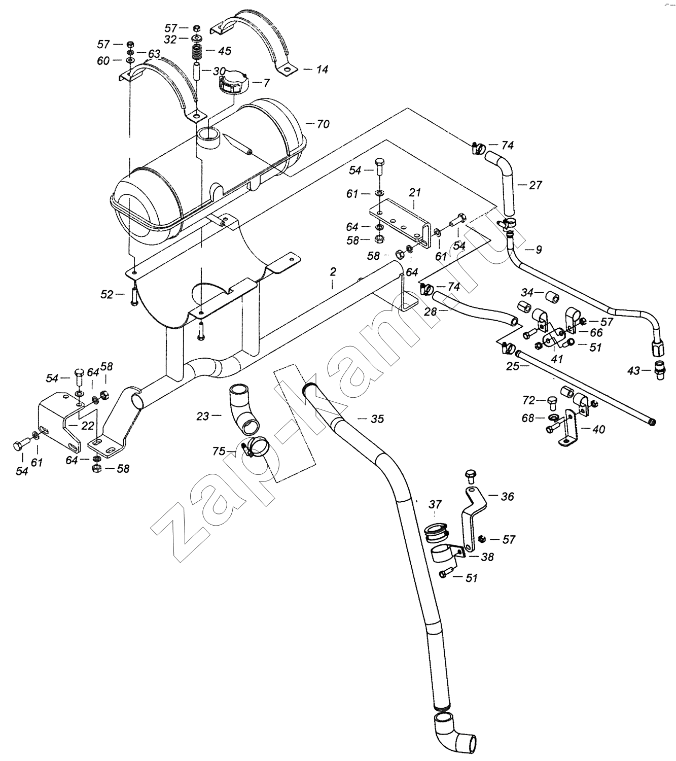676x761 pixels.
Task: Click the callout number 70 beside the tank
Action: (x=323, y=124)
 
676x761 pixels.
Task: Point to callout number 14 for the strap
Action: (x=322, y=69)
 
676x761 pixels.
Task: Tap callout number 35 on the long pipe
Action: (x=377, y=419)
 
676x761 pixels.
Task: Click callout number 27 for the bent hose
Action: (x=535, y=185)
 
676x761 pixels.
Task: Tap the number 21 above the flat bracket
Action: (x=415, y=192)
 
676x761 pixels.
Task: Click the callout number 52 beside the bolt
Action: (x=106, y=294)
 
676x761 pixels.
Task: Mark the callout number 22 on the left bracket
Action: (x=87, y=425)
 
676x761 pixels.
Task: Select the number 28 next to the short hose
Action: (x=431, y=312)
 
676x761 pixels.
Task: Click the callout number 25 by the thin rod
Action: (x=513, y=365)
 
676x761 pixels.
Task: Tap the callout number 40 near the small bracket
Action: (x=598, y=429)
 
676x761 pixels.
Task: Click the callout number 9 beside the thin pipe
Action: (x=539, y=250)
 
